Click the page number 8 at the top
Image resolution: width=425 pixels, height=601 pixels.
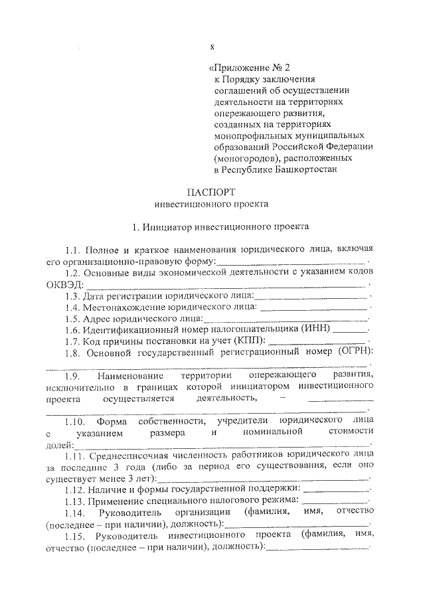pos(211,46)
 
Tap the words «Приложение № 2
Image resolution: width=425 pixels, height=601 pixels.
pos(250,68)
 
